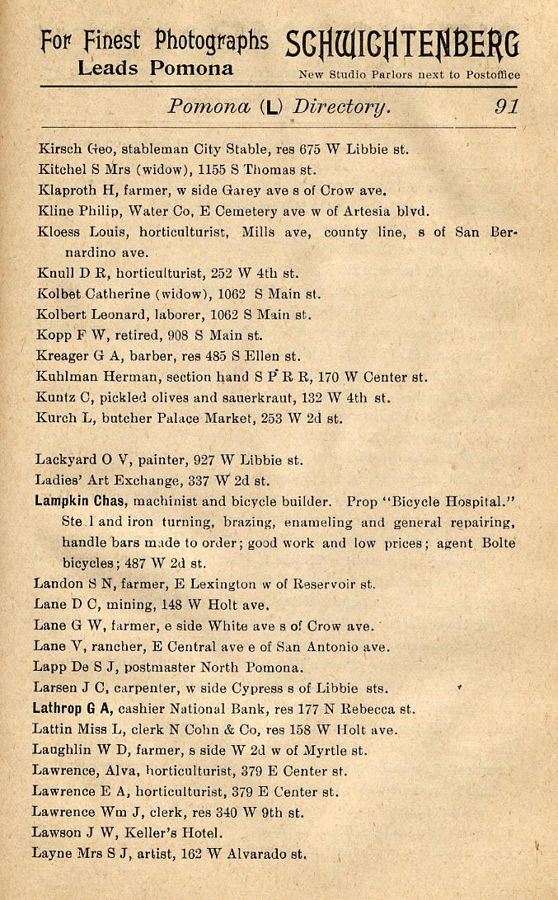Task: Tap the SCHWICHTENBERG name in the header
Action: pos(402,46)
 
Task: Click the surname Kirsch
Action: pos(58,150)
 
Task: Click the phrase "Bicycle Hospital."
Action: pos(442,501)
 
